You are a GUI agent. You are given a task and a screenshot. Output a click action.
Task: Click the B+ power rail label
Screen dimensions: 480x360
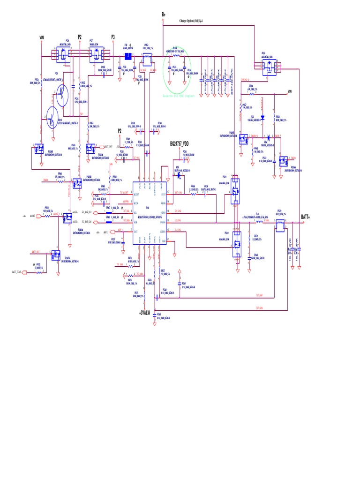pos(164,15)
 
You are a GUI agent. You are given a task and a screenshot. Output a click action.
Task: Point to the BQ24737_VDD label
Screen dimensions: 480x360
pos(179,143)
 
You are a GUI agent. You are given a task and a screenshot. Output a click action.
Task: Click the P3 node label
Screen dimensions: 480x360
pos(113,37)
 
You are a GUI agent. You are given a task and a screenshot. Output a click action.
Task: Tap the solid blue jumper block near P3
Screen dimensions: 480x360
pos(127,57)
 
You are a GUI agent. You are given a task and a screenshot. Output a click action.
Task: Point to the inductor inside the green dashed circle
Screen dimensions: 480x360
pos(176,55)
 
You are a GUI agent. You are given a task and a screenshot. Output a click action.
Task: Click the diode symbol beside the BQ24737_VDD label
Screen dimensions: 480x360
pos(178,175)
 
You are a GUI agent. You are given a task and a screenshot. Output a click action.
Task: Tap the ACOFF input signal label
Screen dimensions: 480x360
pos(32,217)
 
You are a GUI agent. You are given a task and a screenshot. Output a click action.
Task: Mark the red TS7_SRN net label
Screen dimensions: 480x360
pos(259,307)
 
